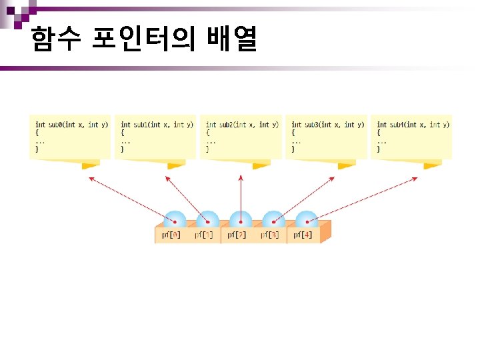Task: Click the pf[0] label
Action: point(171,235)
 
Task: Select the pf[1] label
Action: point(204,235)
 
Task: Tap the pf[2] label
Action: point(237,235)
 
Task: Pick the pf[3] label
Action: point(270,235)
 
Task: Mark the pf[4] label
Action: point(303,235)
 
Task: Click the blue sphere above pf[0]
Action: point(175,219)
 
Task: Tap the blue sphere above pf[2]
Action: point(240,219)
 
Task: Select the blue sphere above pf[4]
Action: point(306,219)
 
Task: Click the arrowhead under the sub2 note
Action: point(241,177)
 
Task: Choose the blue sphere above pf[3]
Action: point(273,219)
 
